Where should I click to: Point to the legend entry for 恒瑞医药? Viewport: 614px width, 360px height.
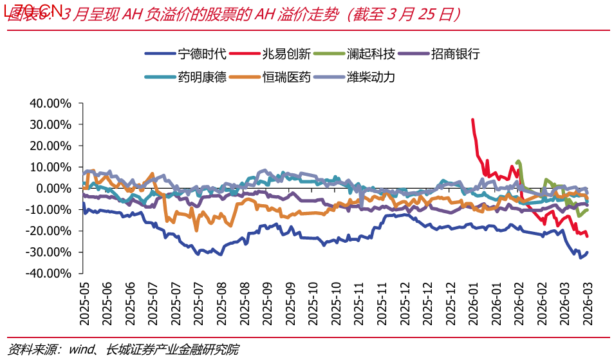pos(287,77)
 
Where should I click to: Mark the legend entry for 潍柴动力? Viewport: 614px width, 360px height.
pos(371,77)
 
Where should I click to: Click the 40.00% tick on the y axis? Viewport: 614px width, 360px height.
pos(50,103)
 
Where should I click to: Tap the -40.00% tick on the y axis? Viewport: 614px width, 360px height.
pos(48,273)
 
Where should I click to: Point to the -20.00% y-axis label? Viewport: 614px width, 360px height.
pos(48,231)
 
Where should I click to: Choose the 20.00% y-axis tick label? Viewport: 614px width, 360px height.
pos(50,146)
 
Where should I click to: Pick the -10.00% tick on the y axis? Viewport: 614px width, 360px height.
pos(48,209)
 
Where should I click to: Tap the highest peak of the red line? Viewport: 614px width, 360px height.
pos(472,120)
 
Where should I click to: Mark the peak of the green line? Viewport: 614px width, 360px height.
pos(518,161)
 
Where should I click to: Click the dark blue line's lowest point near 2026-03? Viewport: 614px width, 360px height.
pos(580,258)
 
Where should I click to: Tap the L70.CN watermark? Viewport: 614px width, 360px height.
pos(33,10)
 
